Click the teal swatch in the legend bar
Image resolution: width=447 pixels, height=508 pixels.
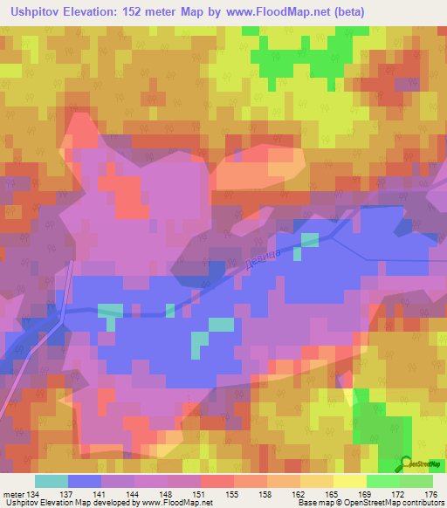click(52, 481)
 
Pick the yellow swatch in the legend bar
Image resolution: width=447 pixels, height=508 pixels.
click(350, 481)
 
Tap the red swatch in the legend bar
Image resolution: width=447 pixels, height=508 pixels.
click(217, 481)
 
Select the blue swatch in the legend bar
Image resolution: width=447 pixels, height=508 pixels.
click(85, 481)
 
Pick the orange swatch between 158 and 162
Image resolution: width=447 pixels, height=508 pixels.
click(284, 481)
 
